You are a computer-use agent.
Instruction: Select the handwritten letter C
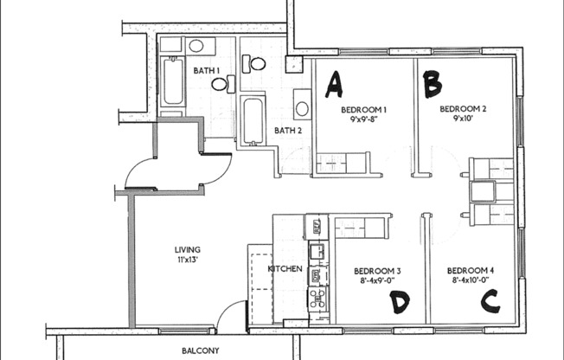pos(490,301)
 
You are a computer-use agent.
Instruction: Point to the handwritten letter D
pos(399,302)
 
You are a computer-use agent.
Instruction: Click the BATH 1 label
pos(206,70)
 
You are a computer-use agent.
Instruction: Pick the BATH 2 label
pos(287,131)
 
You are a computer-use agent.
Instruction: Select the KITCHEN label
pos(285,269)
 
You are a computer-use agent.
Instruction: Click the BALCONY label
pos(200,350)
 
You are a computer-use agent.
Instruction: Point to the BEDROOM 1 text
pos(363,110)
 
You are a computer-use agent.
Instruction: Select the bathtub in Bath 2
pos(253,121)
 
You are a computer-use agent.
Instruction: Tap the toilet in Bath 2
pos(256,62)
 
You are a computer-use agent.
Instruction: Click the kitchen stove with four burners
pos(317,299)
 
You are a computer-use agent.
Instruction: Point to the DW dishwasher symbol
pos(317,276)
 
